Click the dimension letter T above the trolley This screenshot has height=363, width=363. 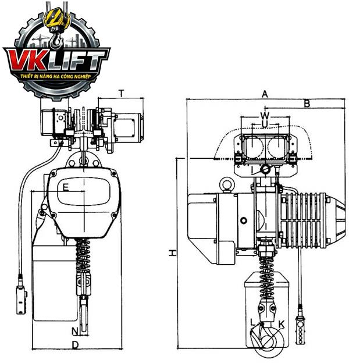pos(122,93)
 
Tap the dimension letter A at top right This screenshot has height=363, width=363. pos(265,94)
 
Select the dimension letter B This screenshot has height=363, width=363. pos(307,104)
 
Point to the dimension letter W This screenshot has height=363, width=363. pos(265,115)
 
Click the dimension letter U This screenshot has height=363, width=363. pos(265,124)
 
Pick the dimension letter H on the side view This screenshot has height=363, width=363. pos(172,253)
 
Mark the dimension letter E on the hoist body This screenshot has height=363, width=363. pos(66,187)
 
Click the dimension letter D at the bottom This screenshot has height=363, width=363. pos(75,345)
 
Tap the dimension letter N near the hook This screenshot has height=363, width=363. pos(75,332)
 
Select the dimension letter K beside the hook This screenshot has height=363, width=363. pos(282,325)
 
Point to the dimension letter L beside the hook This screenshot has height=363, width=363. pos(253,322)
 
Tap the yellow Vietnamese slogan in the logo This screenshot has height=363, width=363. pos(56,76)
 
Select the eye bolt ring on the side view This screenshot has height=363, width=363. pos(227,184)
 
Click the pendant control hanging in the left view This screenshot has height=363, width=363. pos(22,300)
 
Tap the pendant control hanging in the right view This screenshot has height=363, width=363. pos(300,330)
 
